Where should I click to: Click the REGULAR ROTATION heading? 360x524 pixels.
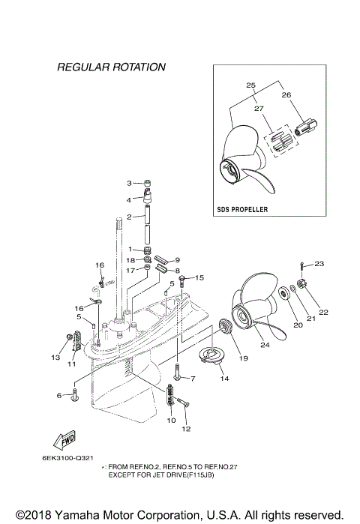tap(111, 67)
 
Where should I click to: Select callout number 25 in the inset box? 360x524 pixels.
tap(249, 85)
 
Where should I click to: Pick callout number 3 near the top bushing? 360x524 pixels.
tap(129, 183)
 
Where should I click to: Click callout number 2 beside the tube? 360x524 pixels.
tap(129, 217)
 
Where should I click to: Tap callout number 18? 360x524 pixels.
tap(130, 259)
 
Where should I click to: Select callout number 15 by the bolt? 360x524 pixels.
tap(199, 277)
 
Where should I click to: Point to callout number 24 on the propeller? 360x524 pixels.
tap(263, 346)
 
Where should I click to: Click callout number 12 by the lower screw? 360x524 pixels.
tap(187, 430)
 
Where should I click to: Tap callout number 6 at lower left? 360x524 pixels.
tap(59, 395)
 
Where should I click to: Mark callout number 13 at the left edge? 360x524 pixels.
tap(55, 358)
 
